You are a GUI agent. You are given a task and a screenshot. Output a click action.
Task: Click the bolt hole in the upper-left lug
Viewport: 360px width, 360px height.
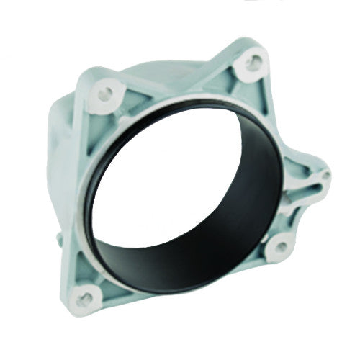coord(106,92)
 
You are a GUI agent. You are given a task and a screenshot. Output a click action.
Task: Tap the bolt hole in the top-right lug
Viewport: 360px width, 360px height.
coord(253,63)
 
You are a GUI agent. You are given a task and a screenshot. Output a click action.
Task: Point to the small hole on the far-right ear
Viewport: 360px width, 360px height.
coord(325,175)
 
